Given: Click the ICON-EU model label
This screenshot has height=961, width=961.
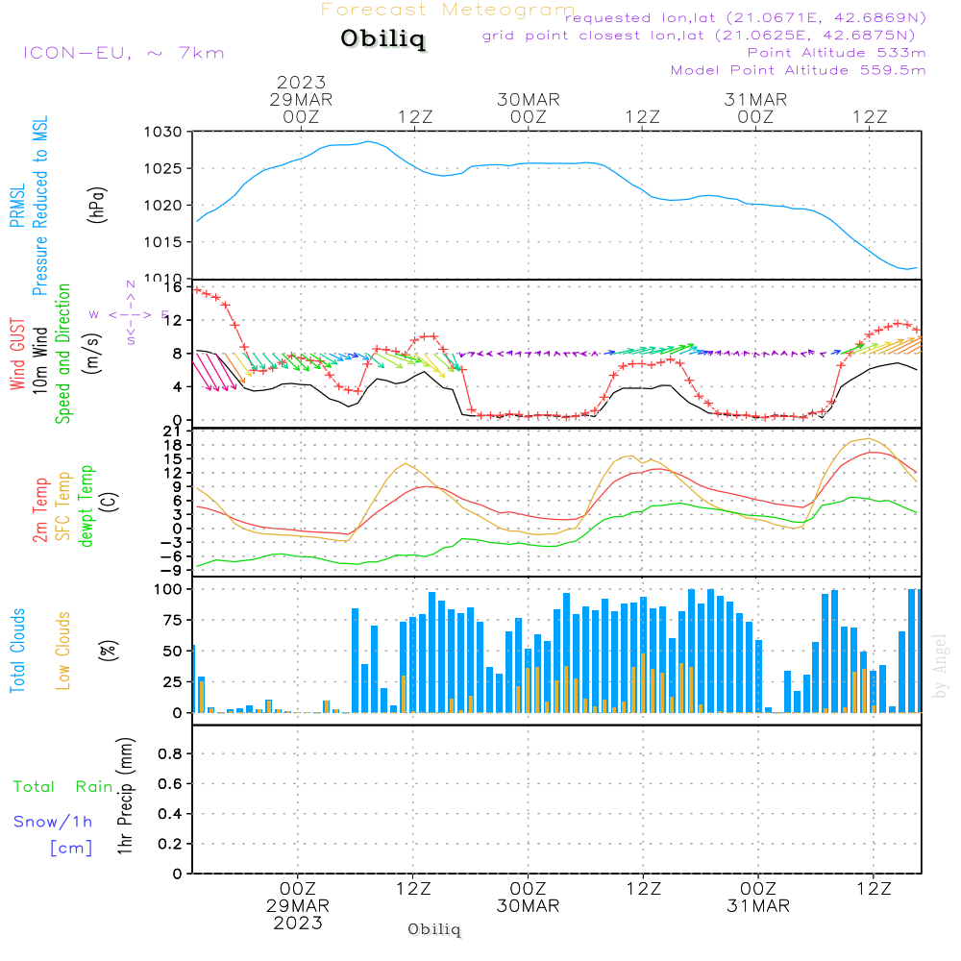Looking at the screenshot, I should point(122,53).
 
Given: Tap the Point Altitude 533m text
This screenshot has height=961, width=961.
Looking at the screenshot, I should point(836,53).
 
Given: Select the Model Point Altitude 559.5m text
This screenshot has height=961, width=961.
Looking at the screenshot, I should point(798,70).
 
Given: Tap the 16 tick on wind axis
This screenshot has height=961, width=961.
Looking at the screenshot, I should point(173,287).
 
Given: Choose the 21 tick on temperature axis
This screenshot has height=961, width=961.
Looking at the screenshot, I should point(173,431).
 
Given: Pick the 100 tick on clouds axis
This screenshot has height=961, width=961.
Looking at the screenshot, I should point(169,589).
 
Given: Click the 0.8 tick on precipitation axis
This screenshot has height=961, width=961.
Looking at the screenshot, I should point(170,754).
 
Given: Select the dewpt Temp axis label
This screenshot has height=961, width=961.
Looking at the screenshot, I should point(86,505).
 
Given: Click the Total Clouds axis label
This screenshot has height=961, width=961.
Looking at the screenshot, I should point(18,651).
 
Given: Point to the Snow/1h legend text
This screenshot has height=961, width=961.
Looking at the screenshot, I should point(53,822).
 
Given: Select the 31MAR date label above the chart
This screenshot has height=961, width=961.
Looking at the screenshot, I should point(755,100).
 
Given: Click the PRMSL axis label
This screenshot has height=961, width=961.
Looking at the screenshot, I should point(18,200).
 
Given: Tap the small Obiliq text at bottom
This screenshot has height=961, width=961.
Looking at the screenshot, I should point(434,929).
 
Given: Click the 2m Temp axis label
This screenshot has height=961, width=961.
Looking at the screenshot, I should point(40,510).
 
